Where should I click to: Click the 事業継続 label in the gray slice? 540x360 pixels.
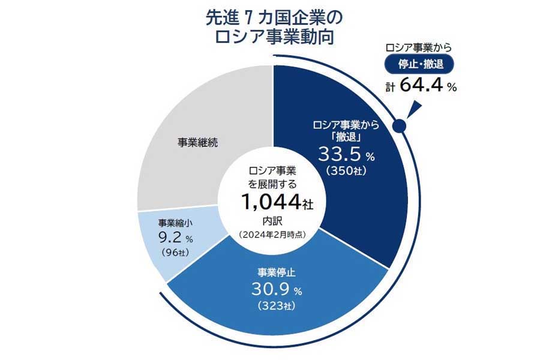pyautogui.click(x=197, y=143)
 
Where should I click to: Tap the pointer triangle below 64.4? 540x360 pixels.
pyautogui.click(x=414, y=108)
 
